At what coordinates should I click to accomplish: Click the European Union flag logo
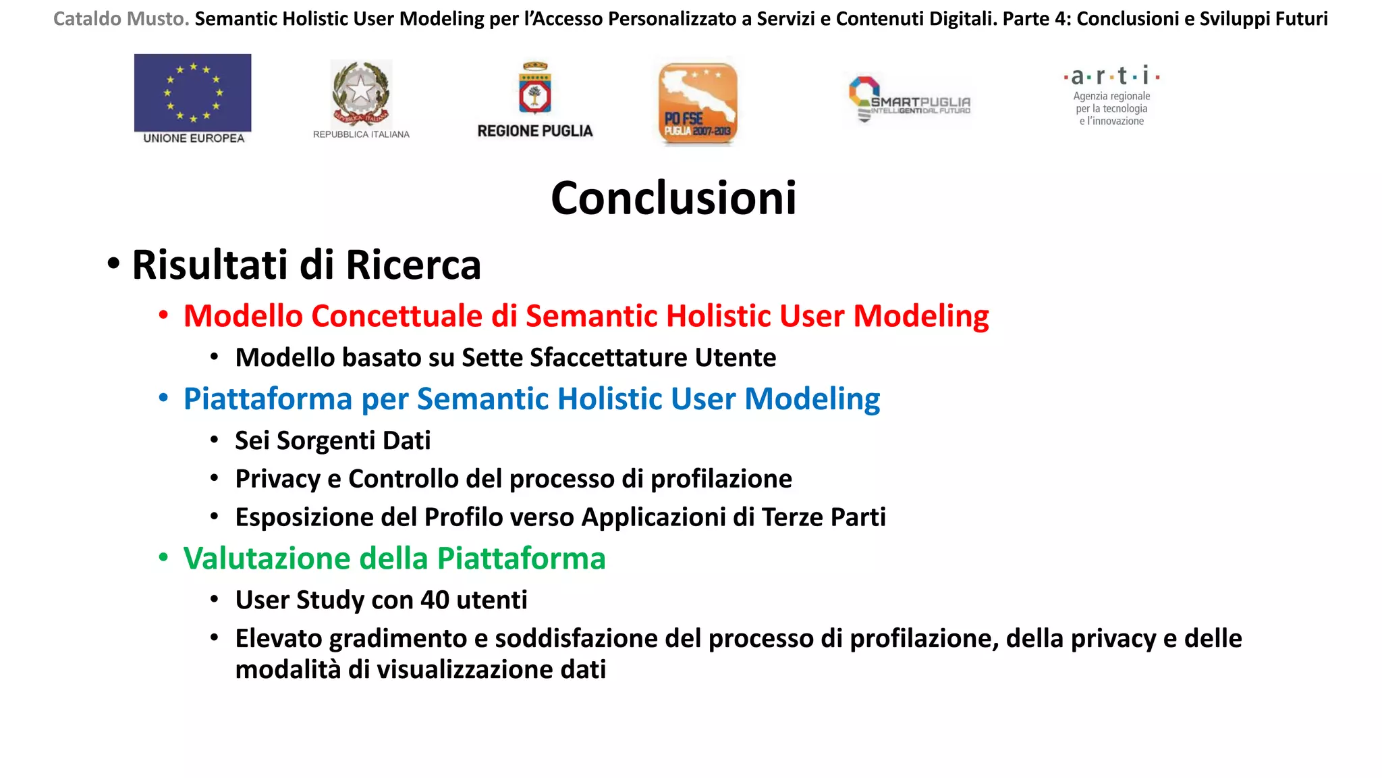click(192, 93)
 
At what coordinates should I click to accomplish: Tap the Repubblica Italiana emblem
click(361, 93)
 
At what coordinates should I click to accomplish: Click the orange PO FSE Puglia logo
click(698, 103)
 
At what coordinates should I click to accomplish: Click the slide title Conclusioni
click(673, 199)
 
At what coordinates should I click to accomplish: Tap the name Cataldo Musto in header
click(121, 19)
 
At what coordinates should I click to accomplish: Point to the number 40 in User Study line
click(435, 600)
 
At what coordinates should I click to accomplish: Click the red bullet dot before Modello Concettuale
click(163, 316)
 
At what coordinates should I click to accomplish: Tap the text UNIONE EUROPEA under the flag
click(194, 138)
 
